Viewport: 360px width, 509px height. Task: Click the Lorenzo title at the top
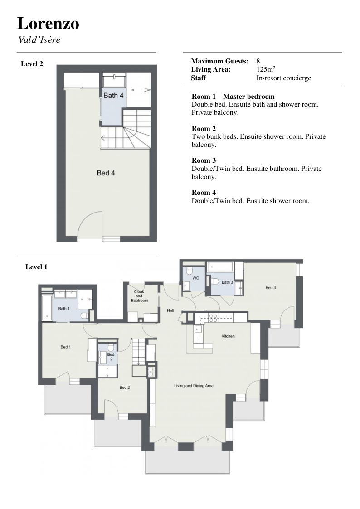click(48, 24)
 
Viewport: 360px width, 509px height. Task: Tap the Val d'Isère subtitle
click(39, 39)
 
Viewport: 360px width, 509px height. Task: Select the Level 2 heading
click(32, 64)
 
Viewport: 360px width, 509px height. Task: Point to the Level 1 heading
click(36, 267)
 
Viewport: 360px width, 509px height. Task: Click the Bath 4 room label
click(113, 96)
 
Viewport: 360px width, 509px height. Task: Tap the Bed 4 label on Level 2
click(106, 173)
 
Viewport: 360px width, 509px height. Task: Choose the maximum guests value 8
click(258, 61)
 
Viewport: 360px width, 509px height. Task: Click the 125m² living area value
click(266, 69)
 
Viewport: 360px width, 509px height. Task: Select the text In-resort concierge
click(284, 78)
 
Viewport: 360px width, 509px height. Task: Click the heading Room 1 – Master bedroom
click(233, 97)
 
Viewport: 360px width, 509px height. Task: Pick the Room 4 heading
click(204, 193)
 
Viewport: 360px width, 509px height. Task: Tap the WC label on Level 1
click(196, 278)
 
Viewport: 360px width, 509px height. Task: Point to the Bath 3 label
click(227, 282)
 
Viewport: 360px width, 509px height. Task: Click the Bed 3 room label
click(271, 288)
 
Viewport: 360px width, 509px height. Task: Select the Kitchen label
click(228, 336)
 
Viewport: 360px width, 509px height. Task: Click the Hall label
click(170, 310)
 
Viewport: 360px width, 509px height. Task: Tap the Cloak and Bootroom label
click(139, 296)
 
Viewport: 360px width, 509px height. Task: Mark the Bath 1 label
click(64, 309)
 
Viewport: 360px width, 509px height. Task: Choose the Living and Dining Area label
click(194, 386)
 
